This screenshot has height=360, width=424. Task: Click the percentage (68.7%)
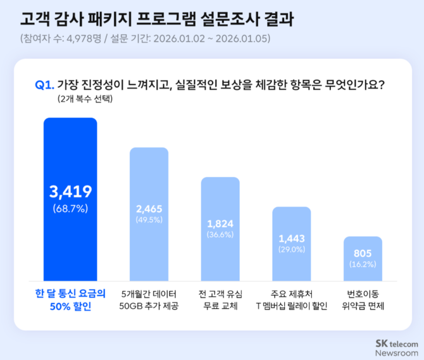[x=70, y=207]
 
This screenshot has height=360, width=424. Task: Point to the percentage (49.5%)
[x=149, y=219]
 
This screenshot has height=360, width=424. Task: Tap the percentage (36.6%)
[x=220, y=235]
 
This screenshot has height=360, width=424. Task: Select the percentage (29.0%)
[x=292, y=249]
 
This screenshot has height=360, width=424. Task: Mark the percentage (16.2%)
[x=363, y=264]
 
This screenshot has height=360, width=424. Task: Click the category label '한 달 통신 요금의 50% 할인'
[x=70, y=300]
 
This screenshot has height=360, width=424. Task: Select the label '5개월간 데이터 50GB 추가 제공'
[x=149, y=300]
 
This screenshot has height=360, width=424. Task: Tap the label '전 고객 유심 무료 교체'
[x=220, y=300]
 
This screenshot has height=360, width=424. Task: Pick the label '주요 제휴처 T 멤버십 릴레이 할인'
[x=291, y=300]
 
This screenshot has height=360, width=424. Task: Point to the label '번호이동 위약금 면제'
[x=363, y=300]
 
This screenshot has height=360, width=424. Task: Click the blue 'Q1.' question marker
[x=44, y=84]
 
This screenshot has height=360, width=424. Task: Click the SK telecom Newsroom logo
[x=397, y=347]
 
